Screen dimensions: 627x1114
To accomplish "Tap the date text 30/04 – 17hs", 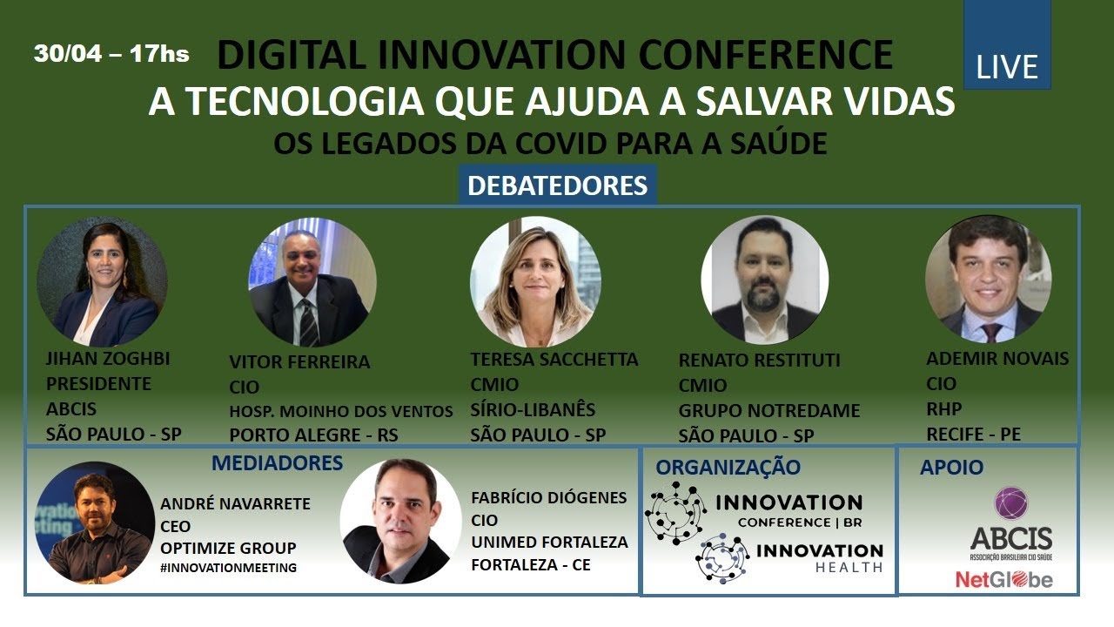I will tap(111, 54).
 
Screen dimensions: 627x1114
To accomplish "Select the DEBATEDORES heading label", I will tap(557, 186).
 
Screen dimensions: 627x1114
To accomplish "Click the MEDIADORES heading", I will tap(277, 462).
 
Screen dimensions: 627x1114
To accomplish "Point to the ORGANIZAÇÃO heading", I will tap(728, 467).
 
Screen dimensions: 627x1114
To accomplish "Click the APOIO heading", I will tap(951, 468).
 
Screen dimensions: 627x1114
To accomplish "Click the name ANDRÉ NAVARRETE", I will tap(235, 504).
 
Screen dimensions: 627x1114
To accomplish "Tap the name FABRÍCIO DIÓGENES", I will tap(548, 498).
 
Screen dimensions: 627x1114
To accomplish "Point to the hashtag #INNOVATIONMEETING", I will tap(228, 568).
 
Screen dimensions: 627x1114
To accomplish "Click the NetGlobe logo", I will tap(1003, 579).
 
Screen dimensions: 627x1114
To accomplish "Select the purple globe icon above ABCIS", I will tap(1011, 502).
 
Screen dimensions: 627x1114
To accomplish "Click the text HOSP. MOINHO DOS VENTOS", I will tap(341, 412).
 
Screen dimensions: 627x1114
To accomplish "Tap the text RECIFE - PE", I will tap(974, 434).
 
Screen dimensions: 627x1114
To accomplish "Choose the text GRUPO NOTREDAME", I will tap(768, 410).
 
